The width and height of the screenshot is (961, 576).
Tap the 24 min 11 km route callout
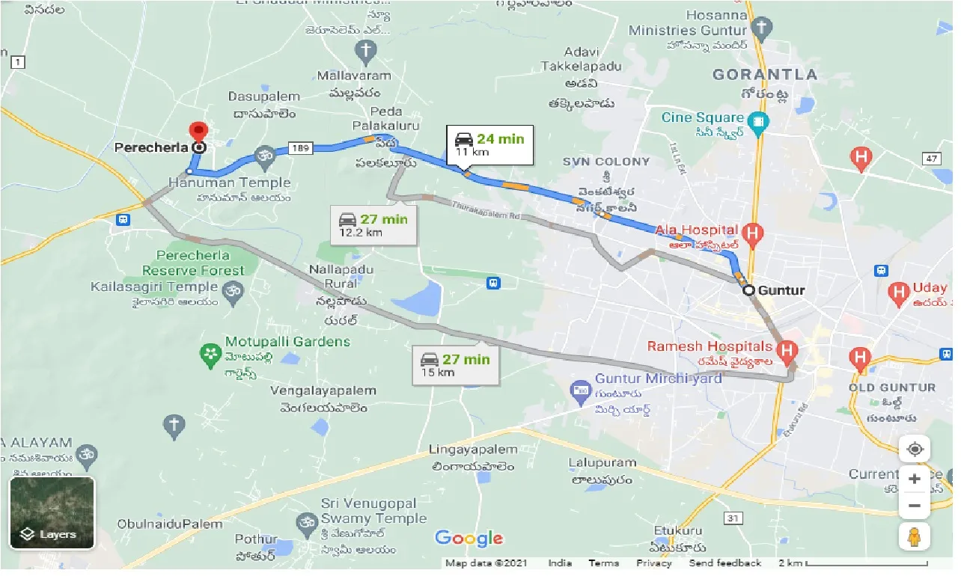click(x=490, y=144)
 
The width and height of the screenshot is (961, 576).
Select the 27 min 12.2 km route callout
click(x=373, y=224)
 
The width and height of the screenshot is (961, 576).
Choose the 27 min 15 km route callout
click(x=455, y=365)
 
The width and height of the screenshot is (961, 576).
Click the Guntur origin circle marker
click(x=748, y=291)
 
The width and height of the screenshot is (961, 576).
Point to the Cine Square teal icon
click(x=759, y=120)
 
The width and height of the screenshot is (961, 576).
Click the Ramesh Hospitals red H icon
click(x=787, y=349)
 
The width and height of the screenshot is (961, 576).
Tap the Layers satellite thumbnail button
click(x=52, y=512)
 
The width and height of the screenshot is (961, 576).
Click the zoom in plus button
click(x=915, y=479)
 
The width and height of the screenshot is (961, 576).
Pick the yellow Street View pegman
click(x=915, y=537)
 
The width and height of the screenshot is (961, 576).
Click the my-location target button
click(x=915, y=450)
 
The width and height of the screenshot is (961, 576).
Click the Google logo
click(x=469, y=538)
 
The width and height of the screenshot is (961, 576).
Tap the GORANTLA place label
click(x=765, y=74)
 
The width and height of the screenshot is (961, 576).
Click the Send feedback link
click(x=724, y=563)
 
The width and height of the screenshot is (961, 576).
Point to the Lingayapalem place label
click(x=473, y=450)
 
